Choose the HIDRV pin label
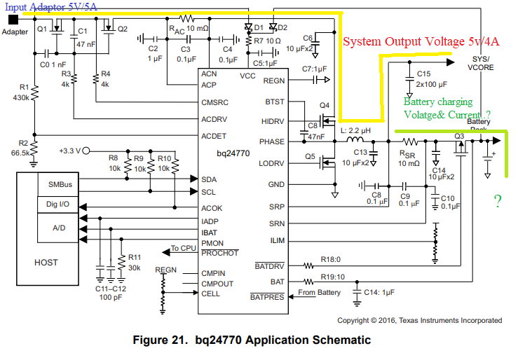click(272, 121)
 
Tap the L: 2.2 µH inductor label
click(355, 132)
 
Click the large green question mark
click(497, 202)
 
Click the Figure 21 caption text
click(252, 341)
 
